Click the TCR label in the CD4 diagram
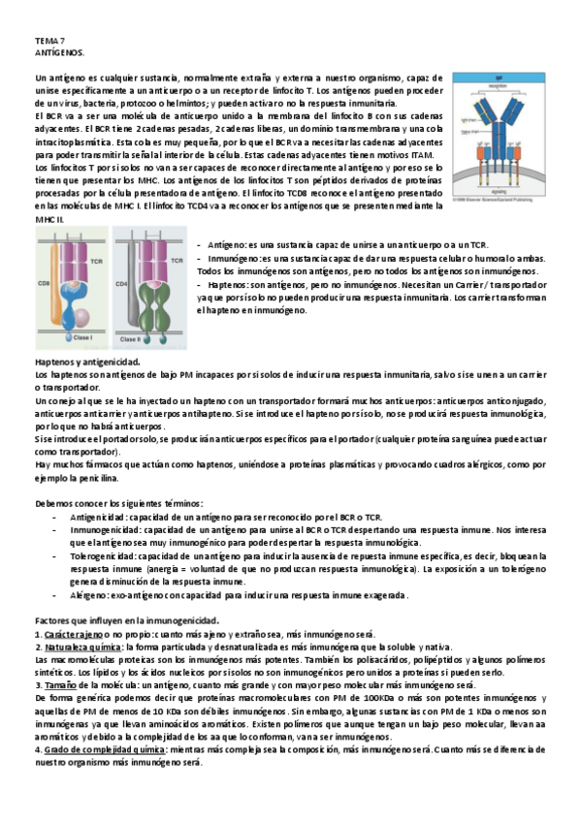pyautogui.click(x=177, y=261)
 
